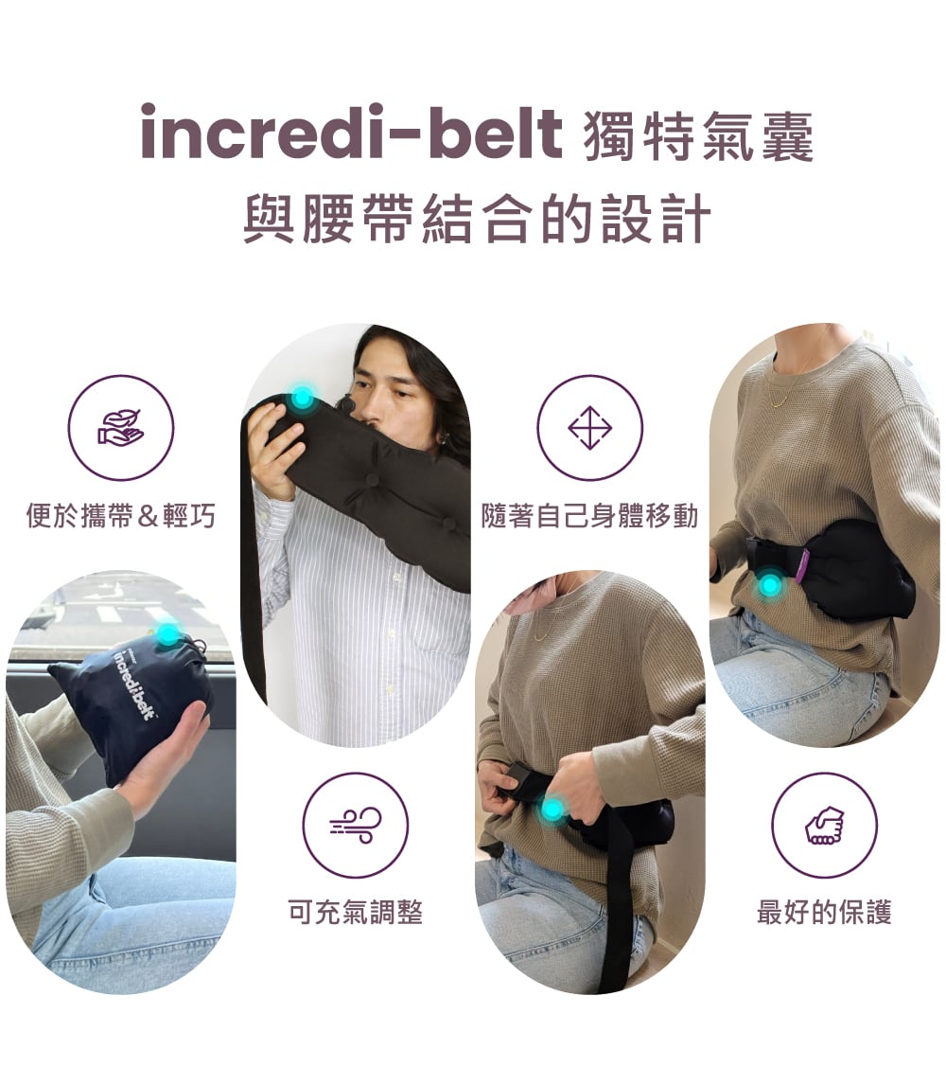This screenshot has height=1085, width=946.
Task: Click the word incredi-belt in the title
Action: [351, 132]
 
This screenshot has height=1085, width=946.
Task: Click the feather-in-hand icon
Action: [120, 427]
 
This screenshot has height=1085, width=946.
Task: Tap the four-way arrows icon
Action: [590, 428]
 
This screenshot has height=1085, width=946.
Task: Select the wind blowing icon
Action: [356, 825]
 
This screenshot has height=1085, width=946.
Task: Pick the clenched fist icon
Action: [824, 826]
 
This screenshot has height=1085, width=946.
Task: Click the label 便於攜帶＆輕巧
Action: [121, 515]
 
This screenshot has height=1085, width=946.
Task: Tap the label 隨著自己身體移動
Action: [590, 515]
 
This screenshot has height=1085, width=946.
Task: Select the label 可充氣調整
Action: [356, 912]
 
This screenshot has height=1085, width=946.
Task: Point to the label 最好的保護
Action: [824, 912]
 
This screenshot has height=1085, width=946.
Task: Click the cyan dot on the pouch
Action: [167, 633]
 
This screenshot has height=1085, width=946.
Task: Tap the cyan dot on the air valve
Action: [302, 398]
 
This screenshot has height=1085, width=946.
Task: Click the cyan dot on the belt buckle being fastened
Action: [552, 808]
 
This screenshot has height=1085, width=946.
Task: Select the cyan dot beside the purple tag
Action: [769, 585]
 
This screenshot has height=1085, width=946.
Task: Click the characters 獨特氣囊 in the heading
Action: [699, 135]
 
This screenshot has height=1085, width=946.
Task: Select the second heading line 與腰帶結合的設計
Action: [477, 219]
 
